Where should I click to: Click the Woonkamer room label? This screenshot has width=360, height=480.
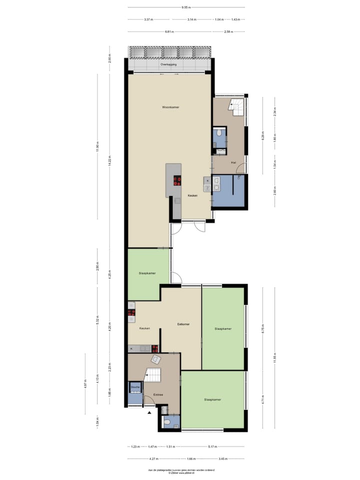coord(170,107)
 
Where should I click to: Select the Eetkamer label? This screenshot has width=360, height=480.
coord(183,324)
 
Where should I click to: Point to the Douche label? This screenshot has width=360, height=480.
coord(135,387)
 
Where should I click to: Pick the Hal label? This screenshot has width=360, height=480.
coord(233,163)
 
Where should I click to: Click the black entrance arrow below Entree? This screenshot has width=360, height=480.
coord(148,412)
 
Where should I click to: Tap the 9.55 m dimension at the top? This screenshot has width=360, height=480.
coord(186,7)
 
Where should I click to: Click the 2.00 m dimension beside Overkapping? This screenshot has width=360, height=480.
coord(109,59)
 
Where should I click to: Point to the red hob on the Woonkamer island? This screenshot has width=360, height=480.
coord(176,180)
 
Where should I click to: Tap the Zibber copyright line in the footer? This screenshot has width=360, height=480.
coord(180,472)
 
